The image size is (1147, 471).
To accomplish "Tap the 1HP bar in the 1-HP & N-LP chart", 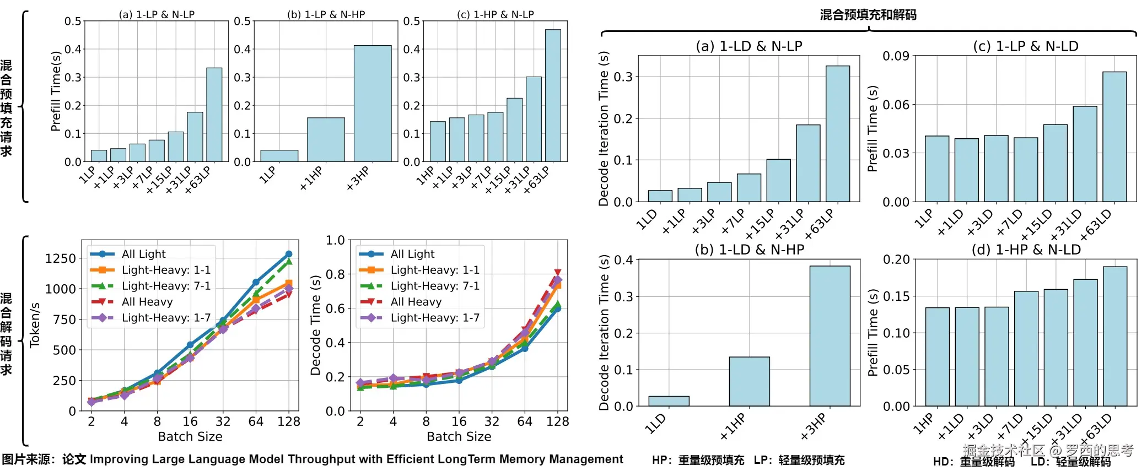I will coord(438,142).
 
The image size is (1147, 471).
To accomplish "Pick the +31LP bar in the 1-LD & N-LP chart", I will coord(808,163).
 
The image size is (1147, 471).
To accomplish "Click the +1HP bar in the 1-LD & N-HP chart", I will coord(749,381).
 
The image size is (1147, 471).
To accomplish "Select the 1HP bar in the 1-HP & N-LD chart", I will coord(937,356).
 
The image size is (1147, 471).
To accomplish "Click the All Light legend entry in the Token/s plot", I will coord(143,254).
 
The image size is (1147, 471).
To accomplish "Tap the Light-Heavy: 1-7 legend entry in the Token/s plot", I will coord(166,318).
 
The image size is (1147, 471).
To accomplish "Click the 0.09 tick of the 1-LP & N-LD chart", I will coord(896,56).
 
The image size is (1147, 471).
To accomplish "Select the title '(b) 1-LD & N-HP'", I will coord(749,250).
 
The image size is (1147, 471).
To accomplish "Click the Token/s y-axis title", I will coord(35,325).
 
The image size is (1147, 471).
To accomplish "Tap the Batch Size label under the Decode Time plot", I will coord(459,436).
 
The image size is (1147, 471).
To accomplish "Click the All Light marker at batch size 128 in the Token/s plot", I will coord(289,254).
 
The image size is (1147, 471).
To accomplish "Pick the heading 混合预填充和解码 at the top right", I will coord(868,15).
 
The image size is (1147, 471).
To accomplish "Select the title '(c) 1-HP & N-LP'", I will coord(495,14).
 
